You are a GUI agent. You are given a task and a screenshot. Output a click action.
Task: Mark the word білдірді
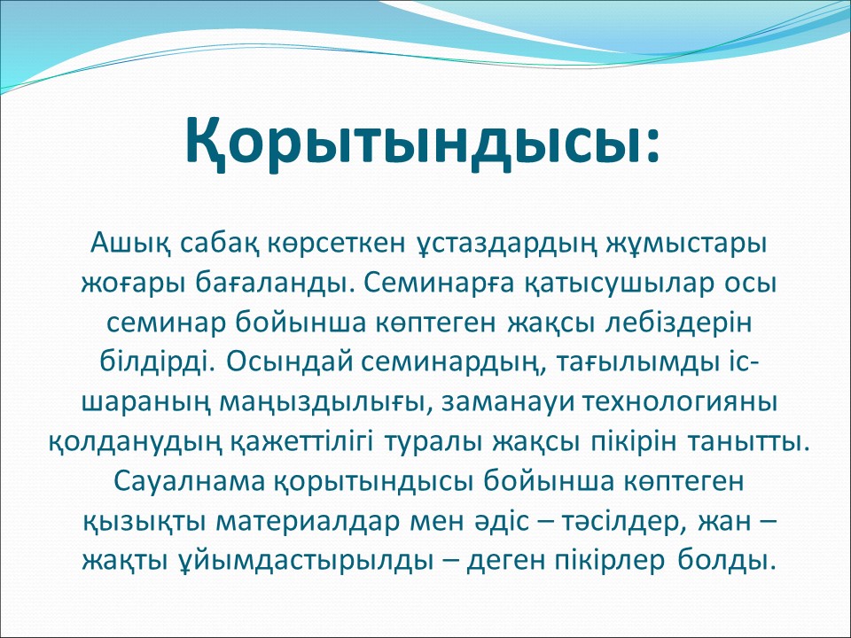click(x=159, y=362)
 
